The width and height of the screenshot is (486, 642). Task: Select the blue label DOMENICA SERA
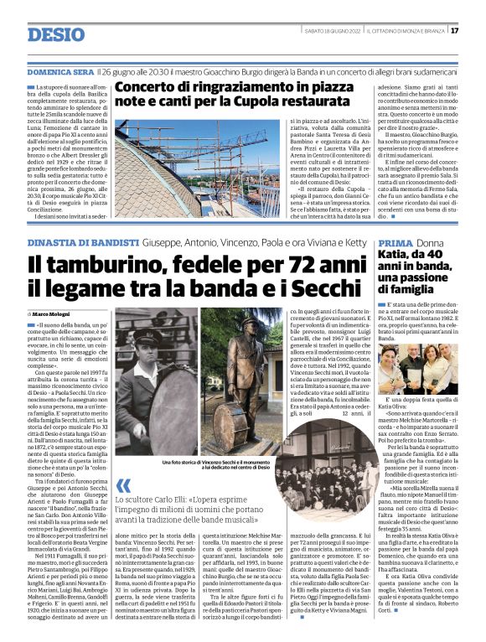[x=59, y=74]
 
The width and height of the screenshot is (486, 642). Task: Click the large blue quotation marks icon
[x=124, y=486]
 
